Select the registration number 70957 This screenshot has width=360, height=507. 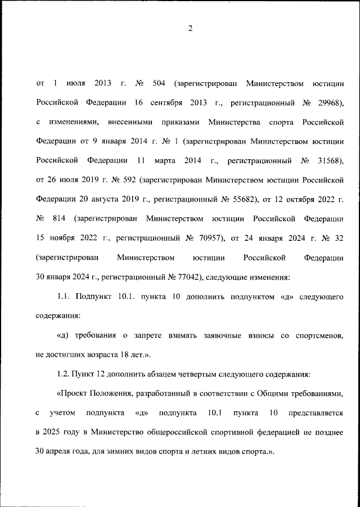209,237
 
